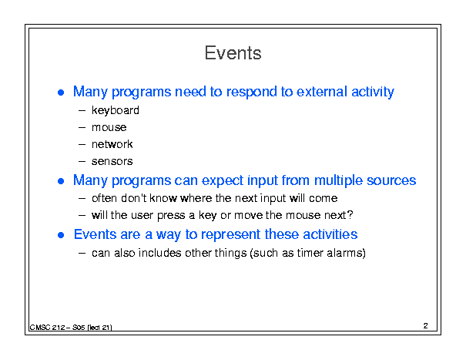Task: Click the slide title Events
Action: click(x=233, y=53)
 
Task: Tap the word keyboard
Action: click(x=116, y=110)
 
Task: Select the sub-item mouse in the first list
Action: click(x=109, y=128)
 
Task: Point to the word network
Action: click(x=112, y=144)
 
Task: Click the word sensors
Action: click(x=112, y=162)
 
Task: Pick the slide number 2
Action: click(x=426, y=326)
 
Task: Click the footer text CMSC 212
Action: click(x=47, y=328)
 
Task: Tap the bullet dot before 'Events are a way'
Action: click(x=61, y=235)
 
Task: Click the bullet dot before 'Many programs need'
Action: click(x=61, y=93)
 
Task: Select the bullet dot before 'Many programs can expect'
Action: click(x=61, y=181)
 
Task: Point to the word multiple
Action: click(x=338, y=181)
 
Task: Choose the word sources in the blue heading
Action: click(x=391, y=180)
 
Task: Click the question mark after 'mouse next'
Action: click(x=350, y=215)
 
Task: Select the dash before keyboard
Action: click(x=82, y=111)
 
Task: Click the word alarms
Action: click(x=346, y=253)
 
